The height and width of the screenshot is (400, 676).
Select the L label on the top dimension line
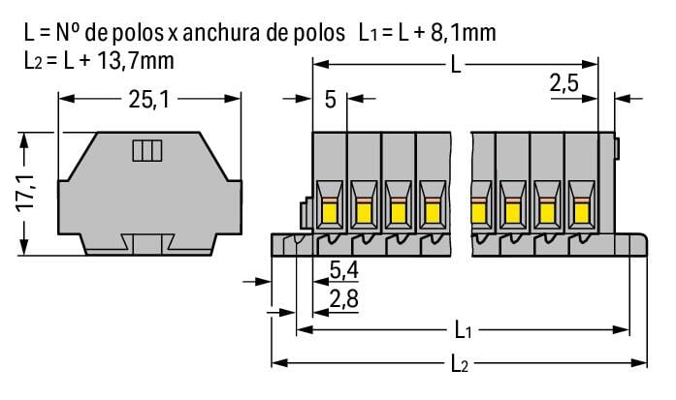456,65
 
